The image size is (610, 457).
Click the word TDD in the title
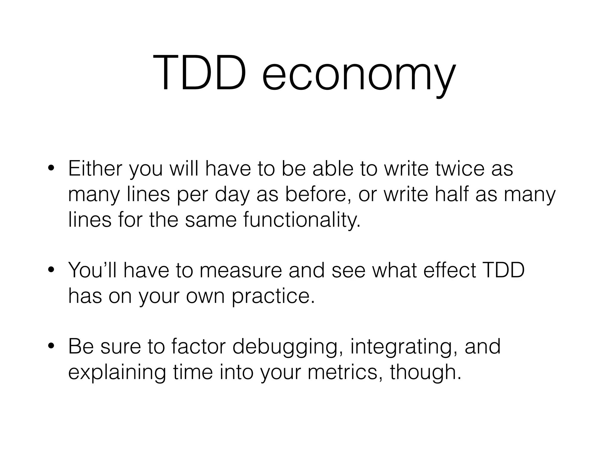pos(200,73)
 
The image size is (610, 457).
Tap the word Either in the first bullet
pos(95,168)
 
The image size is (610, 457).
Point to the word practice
pos(273,296)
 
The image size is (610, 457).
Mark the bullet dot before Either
pos(51,169)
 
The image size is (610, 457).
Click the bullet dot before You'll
pos(51,270)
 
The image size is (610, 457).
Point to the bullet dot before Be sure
pos(51,347)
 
